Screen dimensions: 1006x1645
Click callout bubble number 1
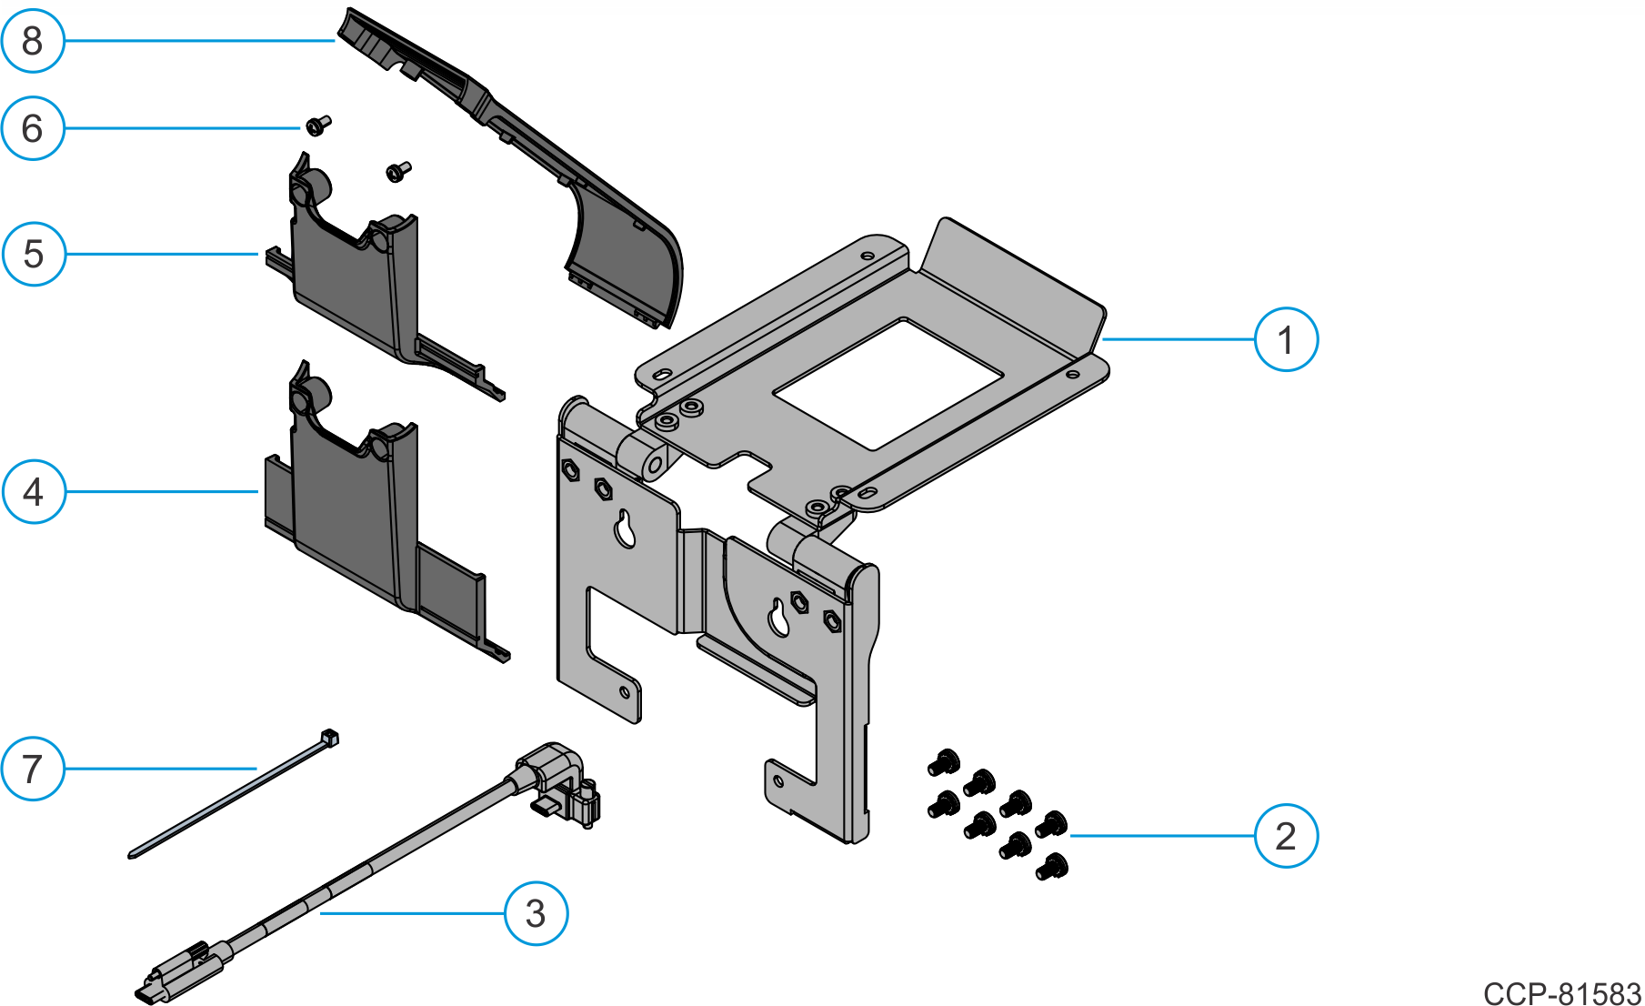(x=1285, y=339)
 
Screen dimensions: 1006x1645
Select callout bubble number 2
(x=1285, y=835)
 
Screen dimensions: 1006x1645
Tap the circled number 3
(x=536, y=912)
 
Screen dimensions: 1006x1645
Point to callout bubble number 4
(x=34, y=491)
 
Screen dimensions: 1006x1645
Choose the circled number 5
(x=34, y=254)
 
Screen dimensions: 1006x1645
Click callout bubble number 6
(x=33, y=128)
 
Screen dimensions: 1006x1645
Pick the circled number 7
(x=33, y=769)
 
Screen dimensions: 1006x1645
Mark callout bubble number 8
(x=33, y=41)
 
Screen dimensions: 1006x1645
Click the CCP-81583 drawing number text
(x=1561, y=992)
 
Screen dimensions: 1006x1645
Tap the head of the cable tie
(x=330, y=738)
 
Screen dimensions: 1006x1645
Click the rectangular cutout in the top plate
(x=888, y=383)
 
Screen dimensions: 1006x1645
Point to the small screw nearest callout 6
(x=318, y=125)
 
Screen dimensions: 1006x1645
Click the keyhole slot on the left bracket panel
(x=625, y=529)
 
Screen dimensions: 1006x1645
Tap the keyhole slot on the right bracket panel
(x=779, y=618)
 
